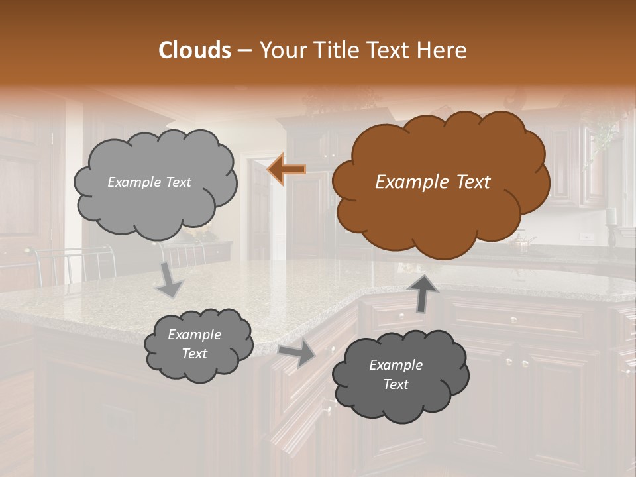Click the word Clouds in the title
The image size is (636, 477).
point(195,50)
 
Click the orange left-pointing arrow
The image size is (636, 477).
point(286,170)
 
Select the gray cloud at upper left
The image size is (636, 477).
point(155,182)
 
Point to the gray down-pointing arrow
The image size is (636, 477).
point(170,280)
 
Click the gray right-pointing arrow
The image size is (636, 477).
point(297,353)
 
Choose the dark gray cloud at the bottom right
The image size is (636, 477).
point(400,375)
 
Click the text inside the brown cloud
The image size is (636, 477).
point(433,182)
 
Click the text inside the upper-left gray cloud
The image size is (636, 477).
point(149,182)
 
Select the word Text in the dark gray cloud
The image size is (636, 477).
point(396,384)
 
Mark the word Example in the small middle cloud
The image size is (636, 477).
point(195,335)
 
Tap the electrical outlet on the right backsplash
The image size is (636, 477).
point(584,236)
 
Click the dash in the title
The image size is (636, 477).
point(244,50)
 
